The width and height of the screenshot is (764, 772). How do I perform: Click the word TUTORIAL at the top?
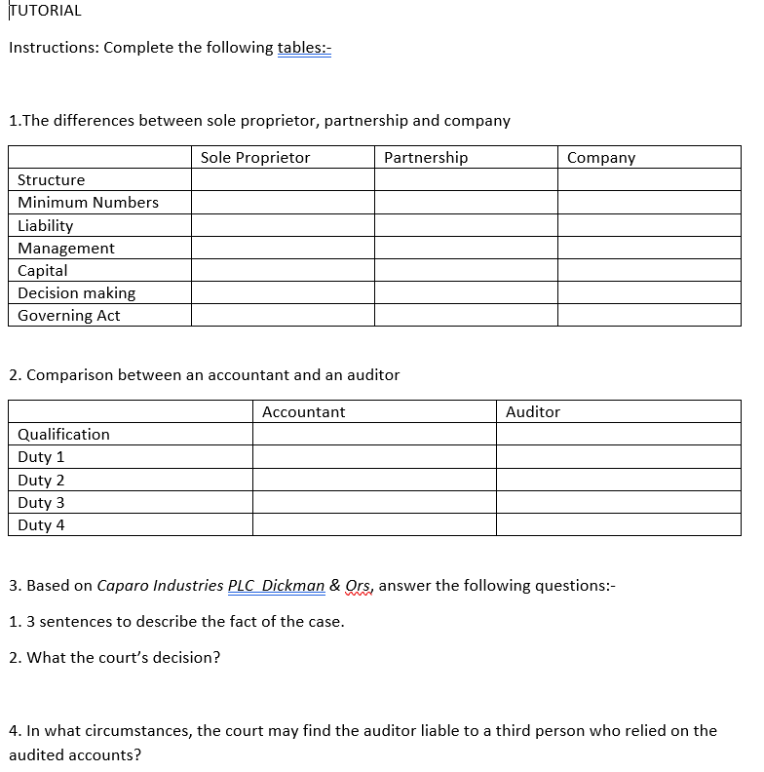45,11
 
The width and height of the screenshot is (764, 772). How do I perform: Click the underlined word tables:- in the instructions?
304,48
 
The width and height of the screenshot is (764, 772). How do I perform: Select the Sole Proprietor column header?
255,158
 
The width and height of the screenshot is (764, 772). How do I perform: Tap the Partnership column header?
425,158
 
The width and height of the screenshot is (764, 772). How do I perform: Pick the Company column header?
600,158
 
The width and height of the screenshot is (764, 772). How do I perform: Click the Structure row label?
52,180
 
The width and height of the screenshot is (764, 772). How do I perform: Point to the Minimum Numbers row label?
88,203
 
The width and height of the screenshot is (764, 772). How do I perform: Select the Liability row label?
46,225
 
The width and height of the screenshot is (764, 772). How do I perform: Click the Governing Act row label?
69,316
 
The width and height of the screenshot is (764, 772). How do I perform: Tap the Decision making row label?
77,293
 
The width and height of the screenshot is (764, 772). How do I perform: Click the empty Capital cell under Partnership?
466,271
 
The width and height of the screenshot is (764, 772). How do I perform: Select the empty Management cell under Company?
649,249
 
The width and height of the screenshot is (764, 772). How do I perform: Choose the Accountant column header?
303,412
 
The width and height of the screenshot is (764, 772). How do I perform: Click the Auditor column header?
533,412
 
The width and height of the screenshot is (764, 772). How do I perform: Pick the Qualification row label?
64,435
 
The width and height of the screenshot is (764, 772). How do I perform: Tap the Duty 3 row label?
41,503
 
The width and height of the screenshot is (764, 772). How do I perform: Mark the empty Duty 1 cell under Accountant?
374,457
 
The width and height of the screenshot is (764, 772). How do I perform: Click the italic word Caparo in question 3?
121,586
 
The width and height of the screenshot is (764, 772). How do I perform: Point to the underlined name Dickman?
293,586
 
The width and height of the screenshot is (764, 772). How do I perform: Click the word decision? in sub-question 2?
186,658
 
